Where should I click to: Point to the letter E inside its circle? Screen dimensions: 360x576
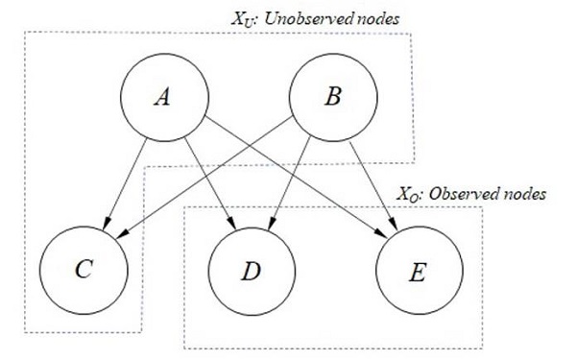click(416, 272)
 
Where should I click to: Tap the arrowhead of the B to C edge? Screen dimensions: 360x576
click(120, 236)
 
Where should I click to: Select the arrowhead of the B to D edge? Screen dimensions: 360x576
click(272, 227)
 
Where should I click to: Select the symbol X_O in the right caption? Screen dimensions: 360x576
click(408, 193)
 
